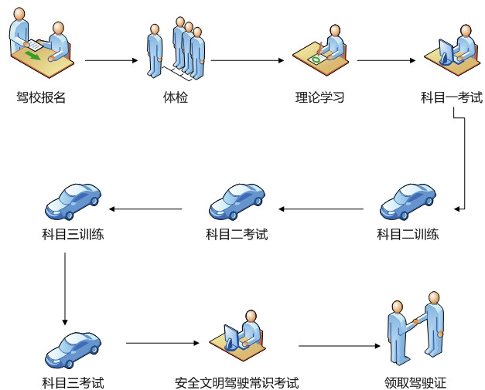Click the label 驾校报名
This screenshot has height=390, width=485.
coord(40,98)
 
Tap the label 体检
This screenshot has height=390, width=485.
coord(176,98)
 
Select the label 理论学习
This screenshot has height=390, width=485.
coord(319,98)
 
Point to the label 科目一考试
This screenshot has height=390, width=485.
coord(452,98)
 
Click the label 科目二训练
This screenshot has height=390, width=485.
coord(408,234)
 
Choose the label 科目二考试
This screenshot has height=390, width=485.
coord(237,234)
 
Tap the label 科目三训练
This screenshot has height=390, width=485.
coord(73,234)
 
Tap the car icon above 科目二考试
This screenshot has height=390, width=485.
coord(237,200)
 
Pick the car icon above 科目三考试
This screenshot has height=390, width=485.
coord(73,349)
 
